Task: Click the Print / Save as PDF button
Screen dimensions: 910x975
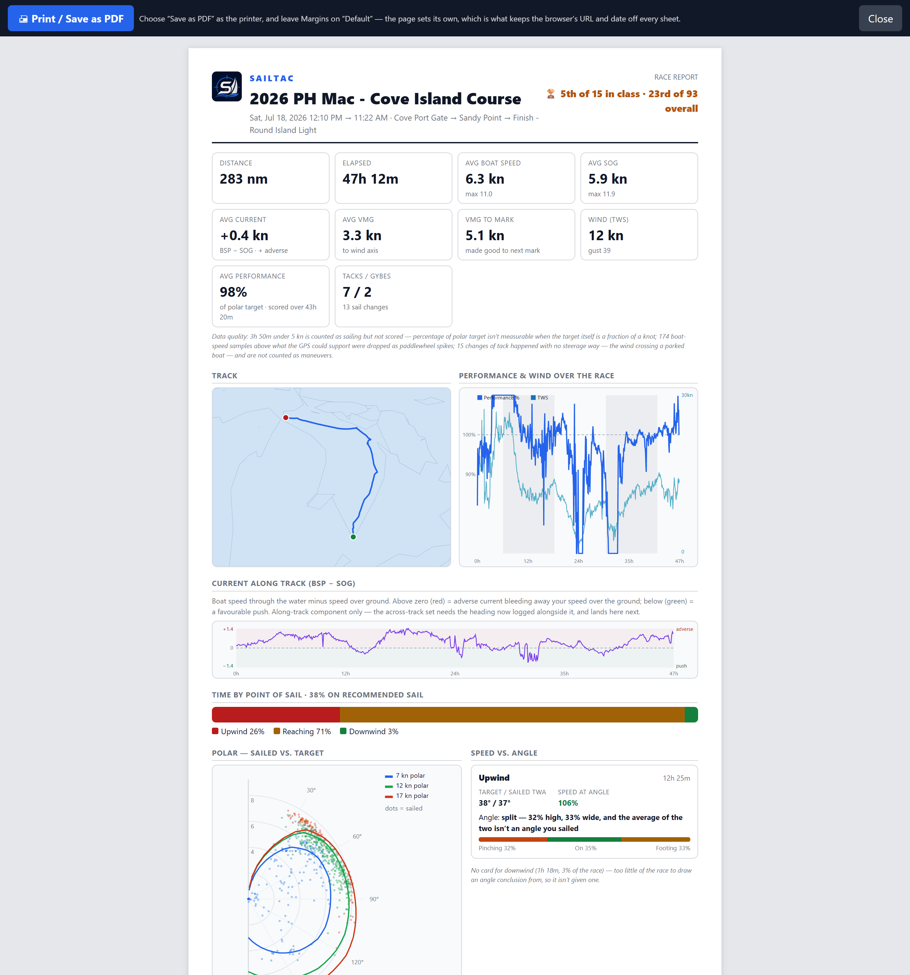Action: pyautogui.click(x=71, y=19)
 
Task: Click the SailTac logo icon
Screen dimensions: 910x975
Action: pyautogui.click(x=227, y=86)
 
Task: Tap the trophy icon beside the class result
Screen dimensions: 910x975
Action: pyautogui.click(x=551, y=94)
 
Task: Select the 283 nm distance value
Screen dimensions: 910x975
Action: pyautogui.click(x=243, y=179)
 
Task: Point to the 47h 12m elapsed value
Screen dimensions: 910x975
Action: pyautogui.click(x=370, y=179)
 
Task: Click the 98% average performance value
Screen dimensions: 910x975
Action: pyautogui.click(x=233, y=292)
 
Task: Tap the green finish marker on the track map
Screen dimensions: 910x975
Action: pyautogui.click(x=353, y=537)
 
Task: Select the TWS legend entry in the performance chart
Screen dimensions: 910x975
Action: pyautogui.click(x=539, y=398)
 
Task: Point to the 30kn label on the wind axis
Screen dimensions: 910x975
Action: pyautogui.click(x=687, y=395)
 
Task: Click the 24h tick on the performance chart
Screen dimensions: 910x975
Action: pyautogui.click(x=578, y=561)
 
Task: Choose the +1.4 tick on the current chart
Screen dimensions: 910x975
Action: pyautogui.click(x=228, y=629)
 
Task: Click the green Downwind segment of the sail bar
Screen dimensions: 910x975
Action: pyautogui.click(x=691, y=715)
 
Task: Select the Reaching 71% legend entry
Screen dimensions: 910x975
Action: pyautogui.click(x=302, y=731)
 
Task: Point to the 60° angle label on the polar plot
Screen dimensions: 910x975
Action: pyautogui.click(x=357, y=836)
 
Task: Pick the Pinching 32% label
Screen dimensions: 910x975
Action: pyautogui.click(x=497, y=848)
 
